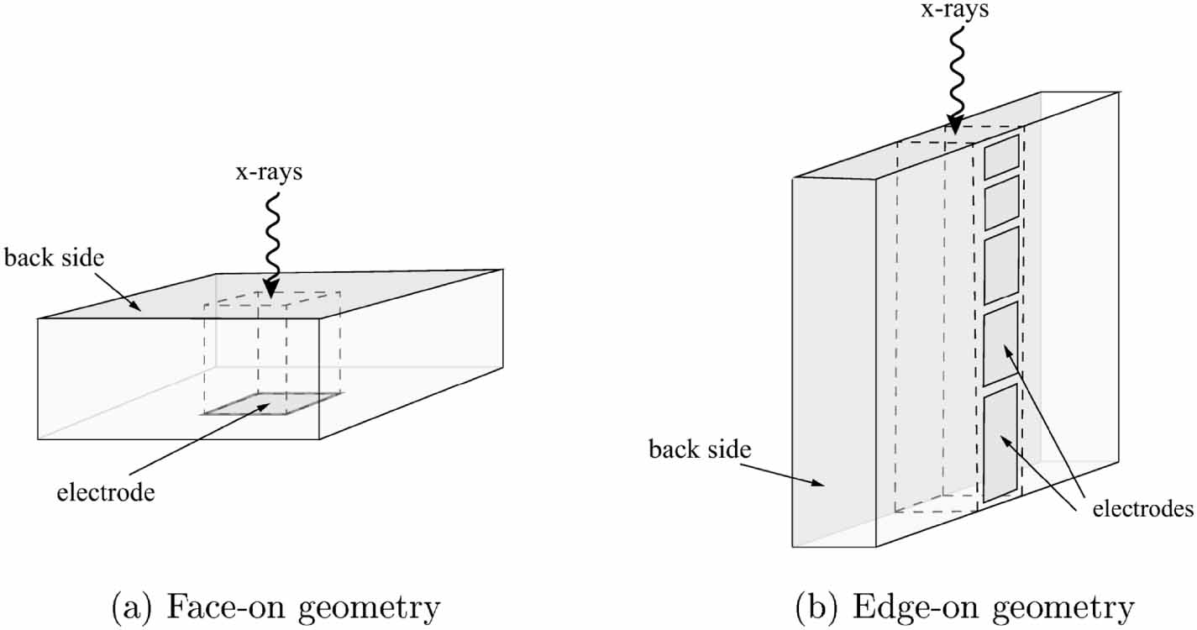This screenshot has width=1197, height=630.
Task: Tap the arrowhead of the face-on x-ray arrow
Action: pyautogui.click(x=270, y=288)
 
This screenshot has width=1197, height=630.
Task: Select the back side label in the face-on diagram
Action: pyautogui.click(x=55, y=257)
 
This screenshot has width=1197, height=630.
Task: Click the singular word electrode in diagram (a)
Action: pyautogui.click(x=106, y=492)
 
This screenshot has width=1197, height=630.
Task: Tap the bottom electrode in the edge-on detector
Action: pyautogui.click(x=1000, y=443)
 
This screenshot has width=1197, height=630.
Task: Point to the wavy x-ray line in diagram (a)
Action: pyautogui.click(x=272, y=235)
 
